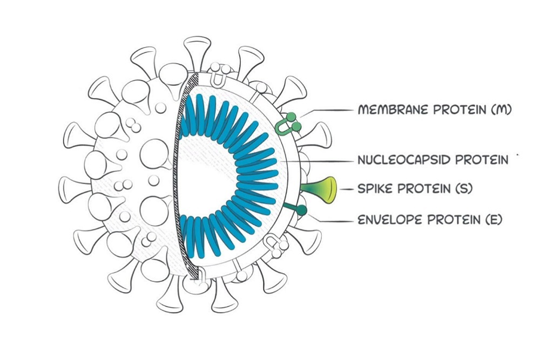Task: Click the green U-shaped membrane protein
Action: pyautogui.click(x=287, y=126)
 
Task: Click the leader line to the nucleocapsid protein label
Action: pyautogui.click(x=319, y=161)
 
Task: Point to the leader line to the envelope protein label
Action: pyautogui.click(x=329, y=220)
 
